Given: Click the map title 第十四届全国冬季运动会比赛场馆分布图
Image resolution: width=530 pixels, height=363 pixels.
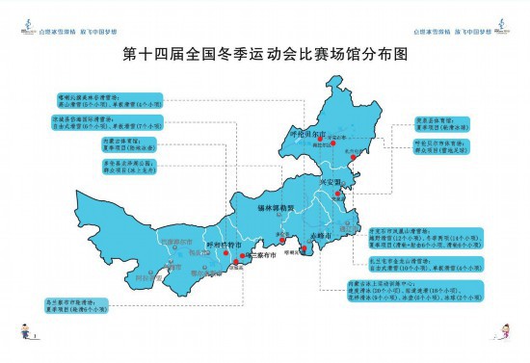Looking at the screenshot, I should coord(266,55).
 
